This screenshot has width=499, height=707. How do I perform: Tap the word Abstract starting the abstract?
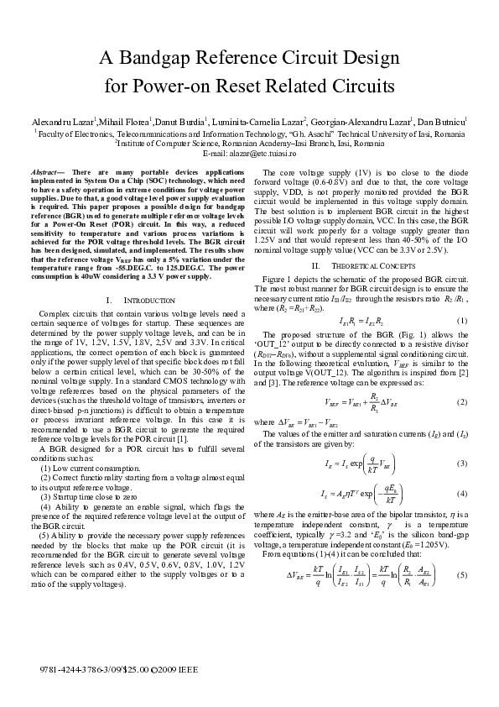(x=55, y=170)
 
